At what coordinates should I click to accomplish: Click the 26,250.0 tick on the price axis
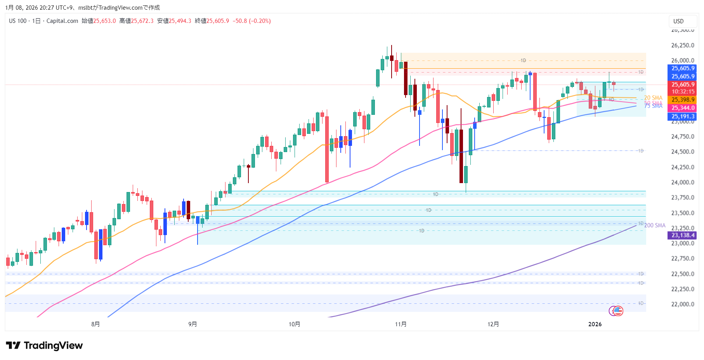(682, 45)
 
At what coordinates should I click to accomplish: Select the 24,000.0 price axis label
(682, 182)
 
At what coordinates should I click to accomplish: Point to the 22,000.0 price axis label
(682, 304)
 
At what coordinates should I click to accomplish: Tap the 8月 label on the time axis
(95, 324)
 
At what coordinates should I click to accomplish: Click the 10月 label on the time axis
(294, 324)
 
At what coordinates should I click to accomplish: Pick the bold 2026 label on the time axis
(595, 324)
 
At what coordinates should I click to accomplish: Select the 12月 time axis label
(493, 324)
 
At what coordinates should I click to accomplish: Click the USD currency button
(678, 21)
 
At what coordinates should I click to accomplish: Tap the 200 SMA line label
(655, 225)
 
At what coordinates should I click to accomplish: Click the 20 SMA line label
(653, 98)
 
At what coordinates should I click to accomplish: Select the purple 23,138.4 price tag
(683, 235)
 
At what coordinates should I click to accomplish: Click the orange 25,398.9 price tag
(683, 100)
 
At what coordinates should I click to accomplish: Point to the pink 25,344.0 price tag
(683, 108)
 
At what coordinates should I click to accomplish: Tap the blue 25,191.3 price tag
(683, 116)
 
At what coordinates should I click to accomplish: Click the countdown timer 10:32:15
(683, 92)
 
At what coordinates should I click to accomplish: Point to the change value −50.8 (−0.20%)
(251, 21)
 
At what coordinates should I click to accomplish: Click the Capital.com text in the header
(62, 21)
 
